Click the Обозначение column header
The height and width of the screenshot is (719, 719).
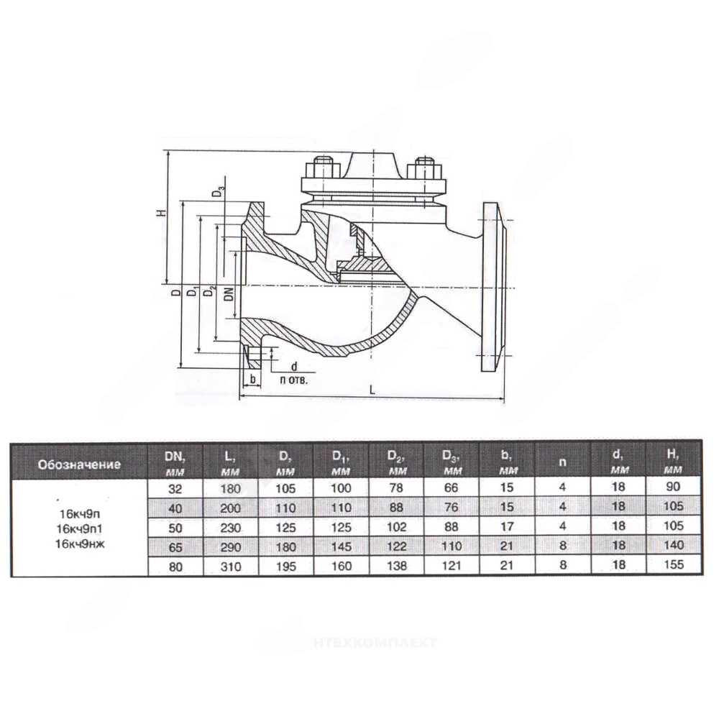click(x=79, y=464)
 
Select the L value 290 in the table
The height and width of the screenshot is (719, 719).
click(x=230, y=547)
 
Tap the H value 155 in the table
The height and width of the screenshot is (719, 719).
click(x=673, y=564)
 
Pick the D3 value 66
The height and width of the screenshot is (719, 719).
click(x=452, y=488)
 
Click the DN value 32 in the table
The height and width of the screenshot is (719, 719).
click(x=175, y=489)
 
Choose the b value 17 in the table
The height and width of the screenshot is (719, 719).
click(x=507, y=526)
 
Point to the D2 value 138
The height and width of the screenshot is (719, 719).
click(x=396, y=566)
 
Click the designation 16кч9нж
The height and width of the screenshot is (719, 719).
click(x=79, y=544)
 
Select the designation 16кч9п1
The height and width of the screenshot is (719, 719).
click(x=79, y=528)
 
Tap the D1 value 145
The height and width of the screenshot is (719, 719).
click(x=341, y=546)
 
